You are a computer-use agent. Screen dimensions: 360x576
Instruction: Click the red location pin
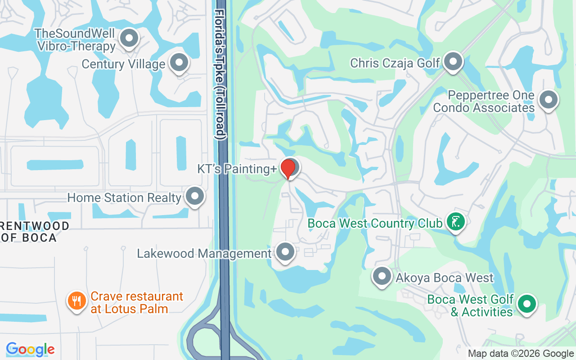[288, 168]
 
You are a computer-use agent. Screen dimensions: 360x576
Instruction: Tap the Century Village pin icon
[179, 63]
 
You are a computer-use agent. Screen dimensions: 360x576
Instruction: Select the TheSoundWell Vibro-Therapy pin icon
[129, 39]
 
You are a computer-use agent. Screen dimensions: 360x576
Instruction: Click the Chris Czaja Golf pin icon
[453, 62]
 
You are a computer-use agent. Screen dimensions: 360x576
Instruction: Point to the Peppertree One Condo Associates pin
[548, 100]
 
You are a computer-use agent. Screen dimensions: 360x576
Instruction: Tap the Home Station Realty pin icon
[195, 197]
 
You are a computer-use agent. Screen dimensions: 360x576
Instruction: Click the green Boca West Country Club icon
[455, 221]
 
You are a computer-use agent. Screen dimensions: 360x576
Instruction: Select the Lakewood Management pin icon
[285, 252]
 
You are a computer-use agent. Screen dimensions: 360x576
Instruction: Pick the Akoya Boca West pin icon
[382, 276]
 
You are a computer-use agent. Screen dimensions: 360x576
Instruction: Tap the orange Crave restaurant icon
[77, 301]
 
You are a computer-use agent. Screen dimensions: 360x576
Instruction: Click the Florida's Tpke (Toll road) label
[220, 74]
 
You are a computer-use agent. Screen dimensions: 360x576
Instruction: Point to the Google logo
[30, 349]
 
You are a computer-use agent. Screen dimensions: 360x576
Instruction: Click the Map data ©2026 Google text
[521, 354]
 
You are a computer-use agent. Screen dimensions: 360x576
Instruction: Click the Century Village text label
[123, 64]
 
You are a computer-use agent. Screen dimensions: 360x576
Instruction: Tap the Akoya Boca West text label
[445, 278]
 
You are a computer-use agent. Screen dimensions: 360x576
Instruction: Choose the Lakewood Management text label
[204, 253]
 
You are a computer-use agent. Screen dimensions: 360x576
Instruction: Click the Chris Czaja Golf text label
[395, 63]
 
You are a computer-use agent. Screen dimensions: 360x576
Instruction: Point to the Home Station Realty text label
[124, 198]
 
